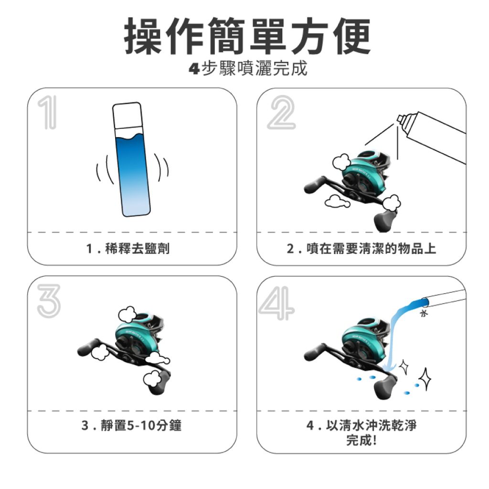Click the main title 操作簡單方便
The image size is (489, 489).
(247, 36)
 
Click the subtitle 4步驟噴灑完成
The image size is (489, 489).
(248, 68)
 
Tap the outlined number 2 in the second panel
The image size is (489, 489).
(281, 113)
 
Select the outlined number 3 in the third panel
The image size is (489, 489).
(49, 301)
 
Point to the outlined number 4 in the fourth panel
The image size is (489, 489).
(276, 304)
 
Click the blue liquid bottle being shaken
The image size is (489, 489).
(131, 159)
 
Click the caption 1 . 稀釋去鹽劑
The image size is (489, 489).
(128, 248)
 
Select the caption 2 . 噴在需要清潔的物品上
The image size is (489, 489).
(361, 248)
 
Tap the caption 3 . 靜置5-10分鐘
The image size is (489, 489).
(131, 425)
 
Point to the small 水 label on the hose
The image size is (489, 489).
(424, 313)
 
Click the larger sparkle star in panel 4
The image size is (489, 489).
(425, 380)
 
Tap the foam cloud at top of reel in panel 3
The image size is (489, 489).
(127, 314)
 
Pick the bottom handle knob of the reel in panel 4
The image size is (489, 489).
(385, 387)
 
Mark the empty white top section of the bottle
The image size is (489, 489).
(127, 116)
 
